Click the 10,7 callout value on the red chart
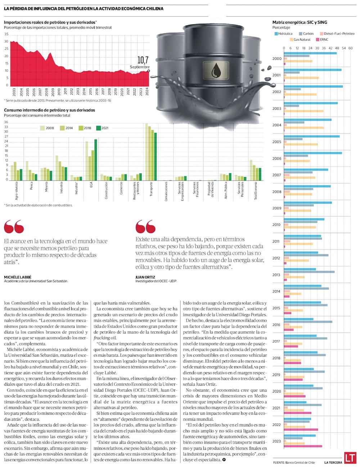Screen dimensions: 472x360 [x=143, y=60]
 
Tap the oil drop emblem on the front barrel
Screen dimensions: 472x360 [x=216, y=71]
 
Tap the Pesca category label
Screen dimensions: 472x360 [x=32, y=186]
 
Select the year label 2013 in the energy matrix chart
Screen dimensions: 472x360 [x=276, y=275]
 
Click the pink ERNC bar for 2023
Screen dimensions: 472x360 [x=303, y=446]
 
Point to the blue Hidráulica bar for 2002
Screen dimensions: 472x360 [x=313, y=86]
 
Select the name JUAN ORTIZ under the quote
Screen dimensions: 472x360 [x=145, y=277]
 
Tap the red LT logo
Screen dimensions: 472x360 [x=350, y=458]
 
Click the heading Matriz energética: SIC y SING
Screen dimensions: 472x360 [x=300, y=22]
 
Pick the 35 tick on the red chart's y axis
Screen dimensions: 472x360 [x=6, y=34]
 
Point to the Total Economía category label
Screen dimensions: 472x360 [x=256, y=191]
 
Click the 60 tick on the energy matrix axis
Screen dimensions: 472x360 [x=350, y=48]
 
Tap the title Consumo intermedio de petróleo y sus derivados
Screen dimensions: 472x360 [x=50, y=110]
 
